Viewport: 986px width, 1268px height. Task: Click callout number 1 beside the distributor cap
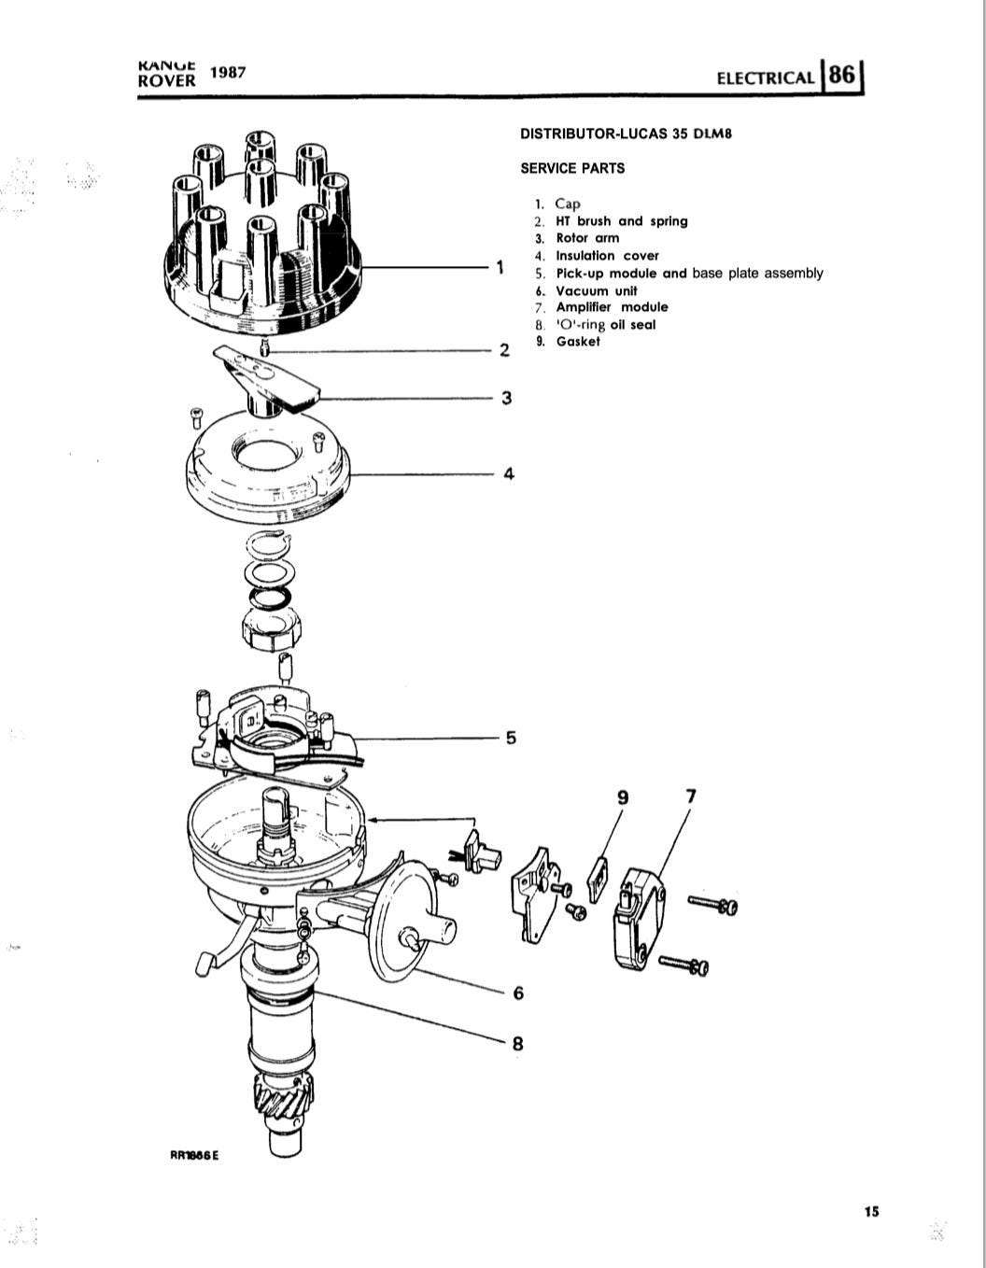point(500,267)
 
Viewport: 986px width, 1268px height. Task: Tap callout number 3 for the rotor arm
point(506,398)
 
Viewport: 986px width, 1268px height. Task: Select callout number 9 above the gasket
point(624,796)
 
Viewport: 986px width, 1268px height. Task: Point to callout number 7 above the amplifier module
point(691,796)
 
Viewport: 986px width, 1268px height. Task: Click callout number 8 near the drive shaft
point(518,1043)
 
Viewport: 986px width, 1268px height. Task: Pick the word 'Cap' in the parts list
point(568,204)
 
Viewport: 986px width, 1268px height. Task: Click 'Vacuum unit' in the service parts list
point(596,290)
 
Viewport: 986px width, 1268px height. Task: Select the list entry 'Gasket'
point(578,342)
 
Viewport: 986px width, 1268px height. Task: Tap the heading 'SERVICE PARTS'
point(572,168)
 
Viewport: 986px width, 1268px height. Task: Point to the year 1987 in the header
point(228,73)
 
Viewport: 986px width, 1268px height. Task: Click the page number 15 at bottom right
point(871,1211)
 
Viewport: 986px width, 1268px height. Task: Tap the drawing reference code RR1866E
point(193,1154)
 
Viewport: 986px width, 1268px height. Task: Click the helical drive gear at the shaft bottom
point(280,1102)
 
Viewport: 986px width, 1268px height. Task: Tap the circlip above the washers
point(268,543)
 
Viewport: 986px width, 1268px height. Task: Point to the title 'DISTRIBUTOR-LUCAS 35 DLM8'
point(626,134)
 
